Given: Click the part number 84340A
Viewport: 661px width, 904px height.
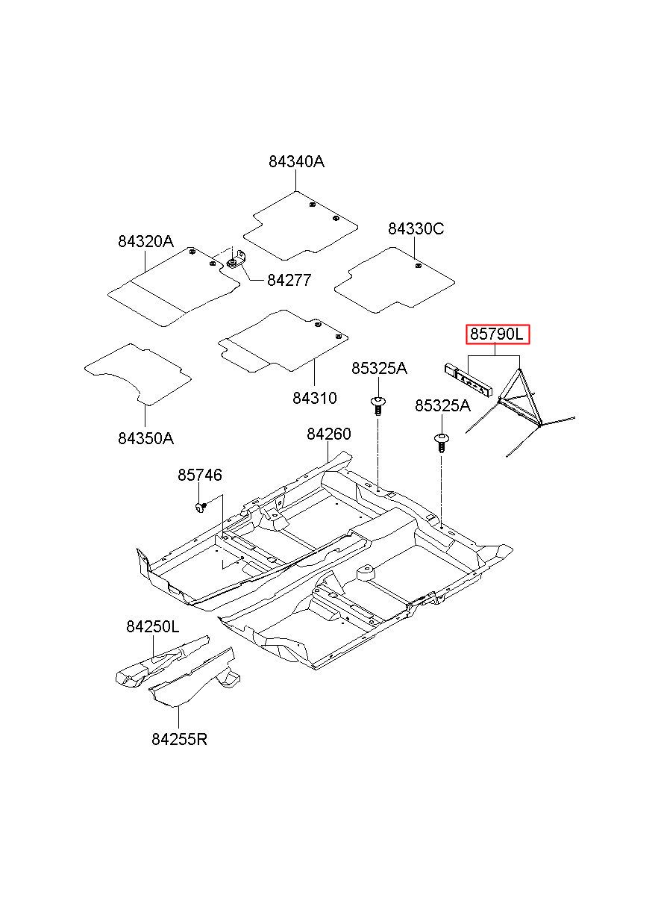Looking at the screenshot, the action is click(x=296, y=162).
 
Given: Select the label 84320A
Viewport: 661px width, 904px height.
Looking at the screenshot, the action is click(x=145, y=241).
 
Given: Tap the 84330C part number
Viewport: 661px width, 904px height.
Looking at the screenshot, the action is click(x=416, y=229).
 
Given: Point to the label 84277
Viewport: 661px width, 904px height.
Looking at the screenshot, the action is click(x=289, y=280).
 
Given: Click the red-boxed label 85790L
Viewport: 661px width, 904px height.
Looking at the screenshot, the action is click(x=498, y=334).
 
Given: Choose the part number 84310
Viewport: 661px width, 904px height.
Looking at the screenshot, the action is click(x=315, y=398).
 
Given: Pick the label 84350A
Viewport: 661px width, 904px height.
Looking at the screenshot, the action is click(x=145, y=438).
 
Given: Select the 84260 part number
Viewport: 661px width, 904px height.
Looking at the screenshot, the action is click(x=329, y=434).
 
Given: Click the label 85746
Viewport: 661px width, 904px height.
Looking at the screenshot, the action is click(x=200, y=475).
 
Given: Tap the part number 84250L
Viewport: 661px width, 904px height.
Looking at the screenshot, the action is click(x=152, y=626).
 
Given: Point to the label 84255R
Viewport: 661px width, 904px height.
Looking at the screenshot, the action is click(x=179, y=739).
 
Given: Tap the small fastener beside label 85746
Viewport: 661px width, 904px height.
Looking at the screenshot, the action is click(x=200, y=506).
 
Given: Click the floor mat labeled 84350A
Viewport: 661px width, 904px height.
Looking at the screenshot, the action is click(x=138, y=374).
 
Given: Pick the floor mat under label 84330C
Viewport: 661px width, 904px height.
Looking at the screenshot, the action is click(x=395, y=280).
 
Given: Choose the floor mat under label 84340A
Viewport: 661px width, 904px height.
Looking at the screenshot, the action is click(x=301, y=225).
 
